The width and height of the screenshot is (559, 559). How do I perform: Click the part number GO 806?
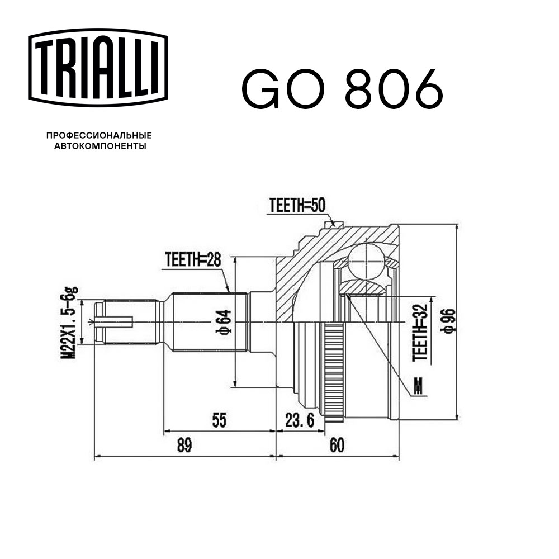342,89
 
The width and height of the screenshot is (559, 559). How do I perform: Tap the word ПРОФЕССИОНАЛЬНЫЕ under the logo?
99,135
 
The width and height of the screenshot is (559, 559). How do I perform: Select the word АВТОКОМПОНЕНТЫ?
100,146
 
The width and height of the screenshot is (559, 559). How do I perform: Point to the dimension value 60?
337,446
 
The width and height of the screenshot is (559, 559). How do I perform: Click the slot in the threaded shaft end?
114,321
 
